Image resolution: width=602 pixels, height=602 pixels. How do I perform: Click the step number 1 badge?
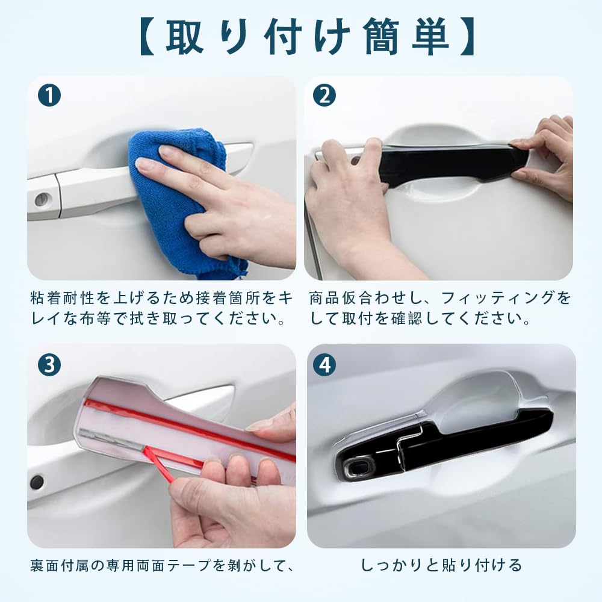click(49, 96)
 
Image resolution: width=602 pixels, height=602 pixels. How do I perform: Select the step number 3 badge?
click(49, 364)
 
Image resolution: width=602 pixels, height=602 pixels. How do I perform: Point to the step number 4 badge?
click(324, 364)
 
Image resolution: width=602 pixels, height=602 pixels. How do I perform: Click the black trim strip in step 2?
click(451, 163)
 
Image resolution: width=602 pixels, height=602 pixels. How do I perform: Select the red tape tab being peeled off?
click(160, 464)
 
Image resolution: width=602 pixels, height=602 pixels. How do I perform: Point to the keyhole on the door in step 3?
click(37, 482)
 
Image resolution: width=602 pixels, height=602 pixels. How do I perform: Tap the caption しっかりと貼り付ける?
click(441, 565)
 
